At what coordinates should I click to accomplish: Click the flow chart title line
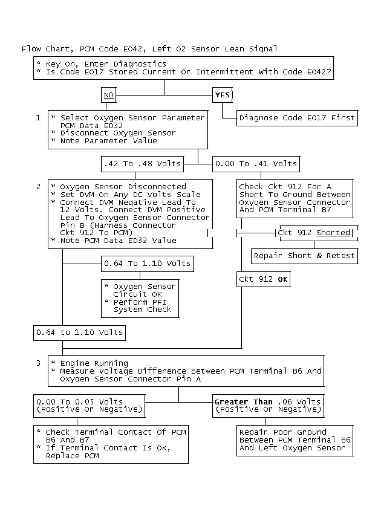(150, 48)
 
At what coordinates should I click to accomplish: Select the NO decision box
(109, 95)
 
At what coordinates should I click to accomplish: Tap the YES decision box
(223, 95)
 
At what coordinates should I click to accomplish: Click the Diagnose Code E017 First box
(297, 118)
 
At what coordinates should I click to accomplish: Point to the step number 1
(38, 117)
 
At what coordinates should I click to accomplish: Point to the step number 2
(38, 187)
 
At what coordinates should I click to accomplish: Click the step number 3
(38, 363)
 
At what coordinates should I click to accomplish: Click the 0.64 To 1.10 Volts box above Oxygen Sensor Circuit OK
(147, 264)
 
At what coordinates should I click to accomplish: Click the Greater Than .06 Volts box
(268, 406)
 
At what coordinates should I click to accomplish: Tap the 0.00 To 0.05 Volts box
(89, 406)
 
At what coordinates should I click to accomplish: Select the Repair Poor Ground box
(295, 440)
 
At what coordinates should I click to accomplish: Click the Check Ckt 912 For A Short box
(295, 198)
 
